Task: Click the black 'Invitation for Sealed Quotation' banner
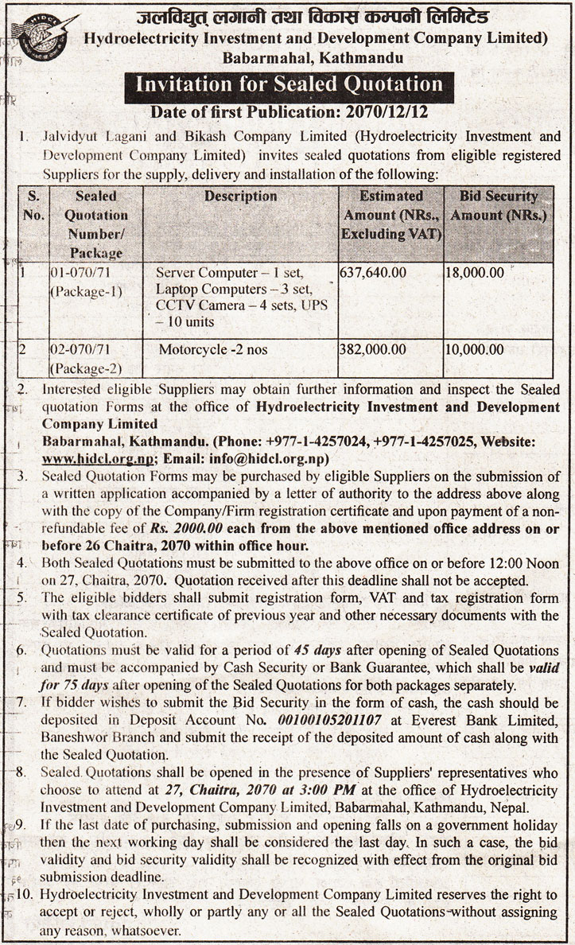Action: click(287, 84)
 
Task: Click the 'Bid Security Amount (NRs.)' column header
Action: click(498, 205)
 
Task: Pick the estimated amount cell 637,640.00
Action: click(373, 273)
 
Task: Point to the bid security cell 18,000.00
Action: click(475, 273)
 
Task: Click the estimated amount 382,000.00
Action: click(373, 348)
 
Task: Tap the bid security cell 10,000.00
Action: click(475, 348)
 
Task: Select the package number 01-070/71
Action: click(83, 273)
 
